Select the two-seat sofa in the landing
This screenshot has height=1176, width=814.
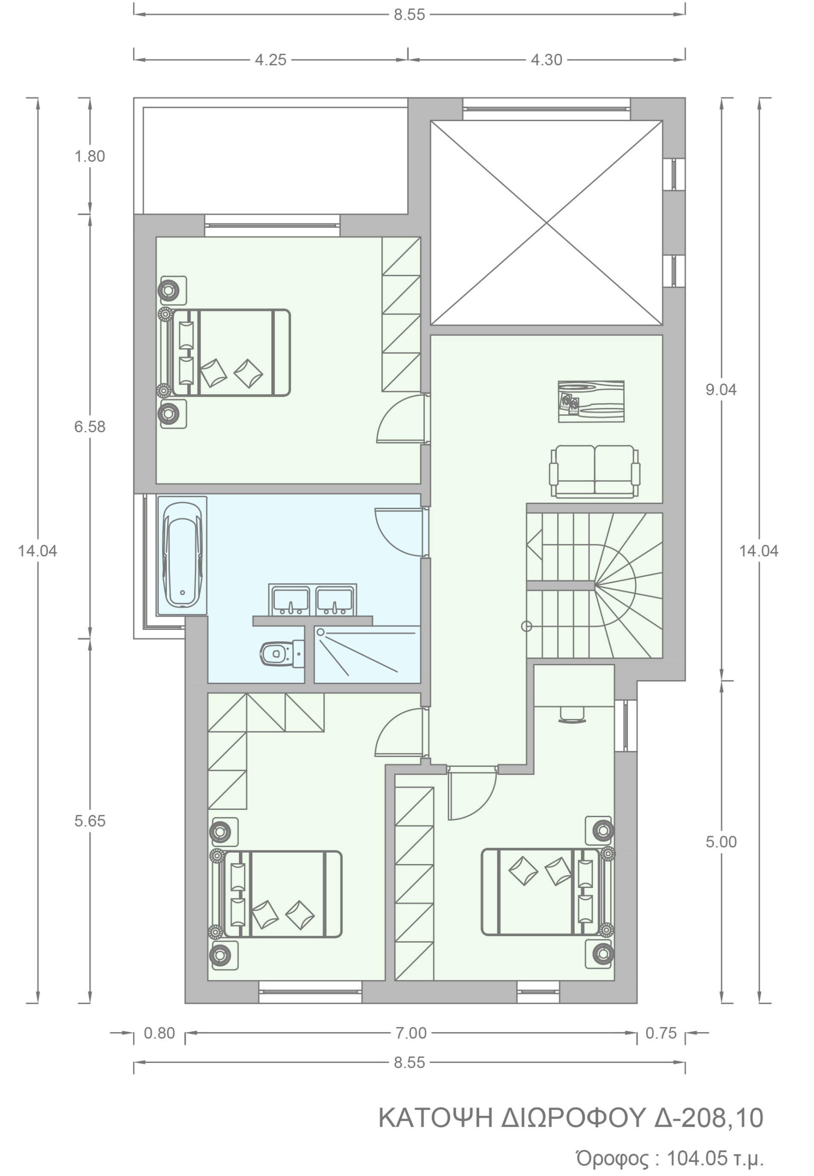[x=595, y=471]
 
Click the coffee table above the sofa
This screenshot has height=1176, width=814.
[x=591, y=401]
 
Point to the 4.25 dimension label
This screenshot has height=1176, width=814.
[x=271, y=60]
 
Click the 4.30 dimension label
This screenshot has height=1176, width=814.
[x=547, y=60]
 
